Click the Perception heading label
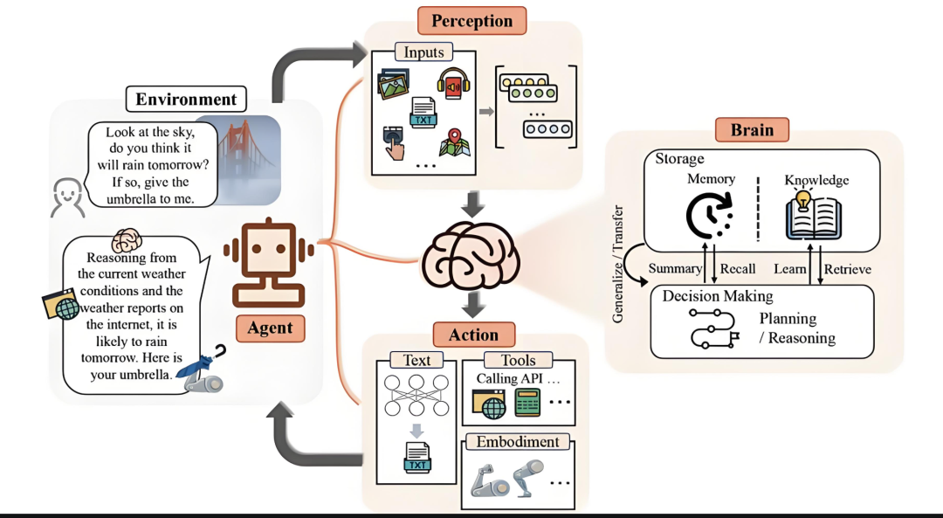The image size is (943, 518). tap(471, 20)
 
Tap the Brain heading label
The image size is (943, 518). tap(752, 129)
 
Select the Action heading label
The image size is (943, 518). tap(474, 335)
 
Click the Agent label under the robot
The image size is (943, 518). tap(270, 328)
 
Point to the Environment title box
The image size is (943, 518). tap(186, 99)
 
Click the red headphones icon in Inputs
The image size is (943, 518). tap(453, 83)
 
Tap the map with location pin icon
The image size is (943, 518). tap(455, 142)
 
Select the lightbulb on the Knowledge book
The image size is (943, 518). tap(803, 198)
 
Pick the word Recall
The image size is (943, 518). tap(738, 269)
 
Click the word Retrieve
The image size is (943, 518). tap(847, 269)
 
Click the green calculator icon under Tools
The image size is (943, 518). tap(527, 403)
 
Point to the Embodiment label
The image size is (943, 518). tap(517, 442)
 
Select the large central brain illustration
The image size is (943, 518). tap(471, 256)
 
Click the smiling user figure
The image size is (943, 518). tap(66, 197)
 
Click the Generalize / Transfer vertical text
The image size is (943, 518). tap(617, 264)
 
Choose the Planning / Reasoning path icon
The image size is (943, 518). tap(714, 328)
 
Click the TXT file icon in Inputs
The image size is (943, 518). tap(423, 112)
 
